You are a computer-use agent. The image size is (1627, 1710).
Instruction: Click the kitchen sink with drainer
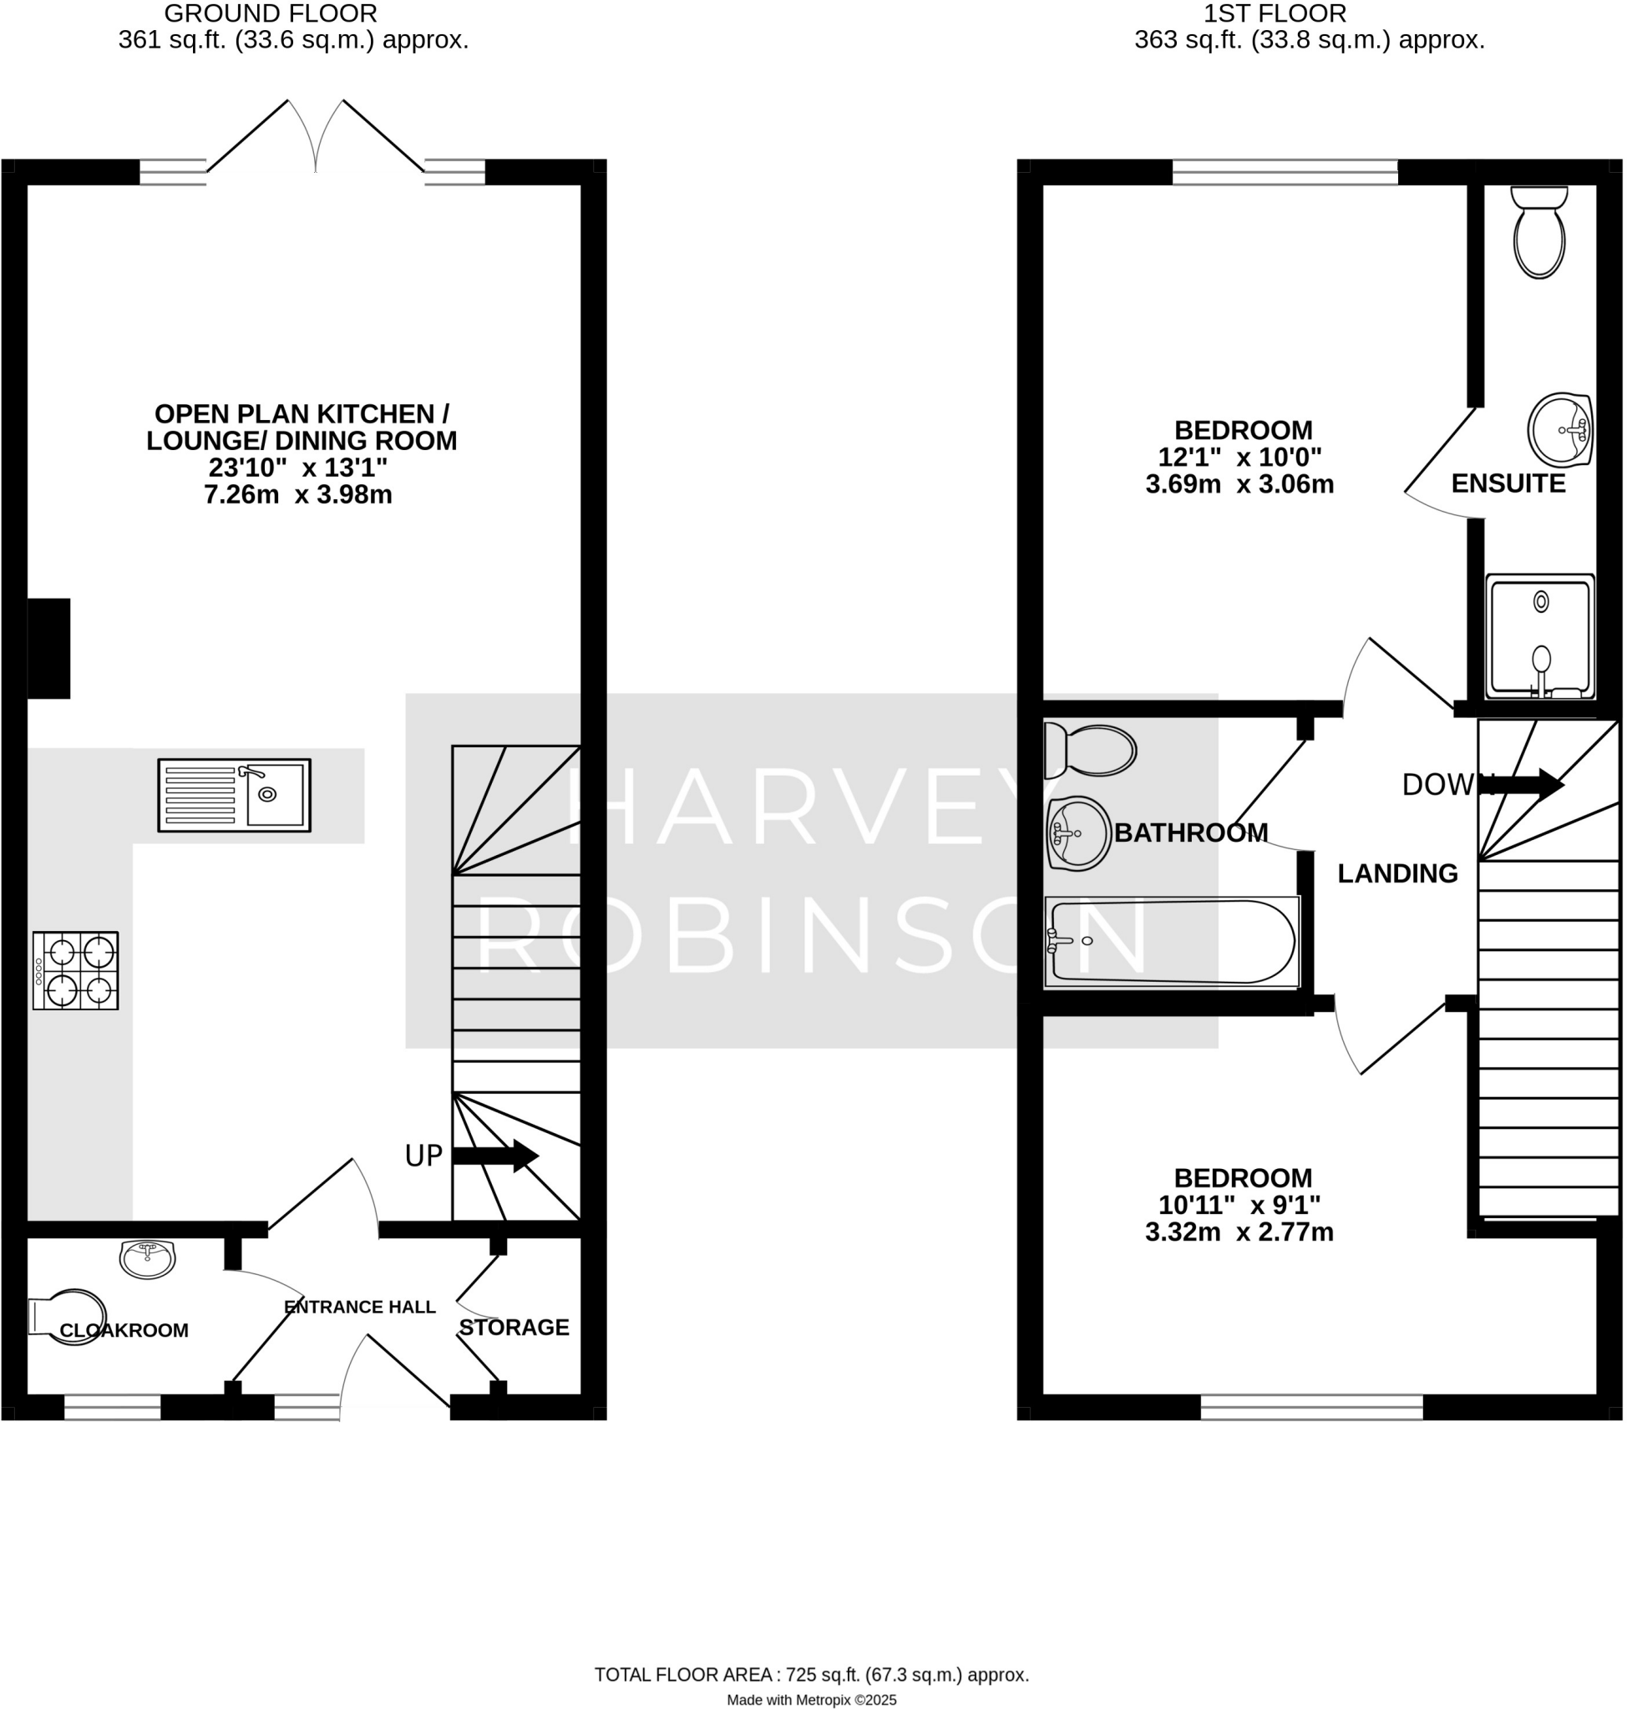pos(234,795)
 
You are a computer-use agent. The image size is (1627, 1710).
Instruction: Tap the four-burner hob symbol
pos(75,970)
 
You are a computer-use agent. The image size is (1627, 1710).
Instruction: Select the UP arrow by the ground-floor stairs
pos(495,1156)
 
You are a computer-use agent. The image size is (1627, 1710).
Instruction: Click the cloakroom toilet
pos(69,1318)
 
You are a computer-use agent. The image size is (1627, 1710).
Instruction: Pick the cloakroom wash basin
pos(148,1258)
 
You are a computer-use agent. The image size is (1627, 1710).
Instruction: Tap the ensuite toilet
pos(1539,232)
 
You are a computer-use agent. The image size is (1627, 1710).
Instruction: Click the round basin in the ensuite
pos(1559,430)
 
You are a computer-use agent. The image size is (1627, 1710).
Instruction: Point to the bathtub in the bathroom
pos(1173,942)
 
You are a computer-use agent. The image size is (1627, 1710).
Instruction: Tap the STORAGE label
pos(514,1328)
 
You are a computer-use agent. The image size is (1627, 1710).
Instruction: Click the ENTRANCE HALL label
pos(360,1307)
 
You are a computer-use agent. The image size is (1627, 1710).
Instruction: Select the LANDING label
pos(1397,874)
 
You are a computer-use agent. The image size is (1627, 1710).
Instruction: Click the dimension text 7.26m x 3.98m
pos(297,495)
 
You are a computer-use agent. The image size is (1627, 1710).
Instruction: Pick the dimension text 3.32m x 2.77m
pos(1239,1232)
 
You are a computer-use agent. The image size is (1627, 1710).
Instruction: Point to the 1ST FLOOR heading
pos(1275,14)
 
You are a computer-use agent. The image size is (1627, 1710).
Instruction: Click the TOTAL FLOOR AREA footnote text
pos(811,1675)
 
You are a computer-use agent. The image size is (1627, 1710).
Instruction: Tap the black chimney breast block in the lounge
pos(48,649)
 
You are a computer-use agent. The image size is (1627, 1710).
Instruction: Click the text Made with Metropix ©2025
pos(811,1701)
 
